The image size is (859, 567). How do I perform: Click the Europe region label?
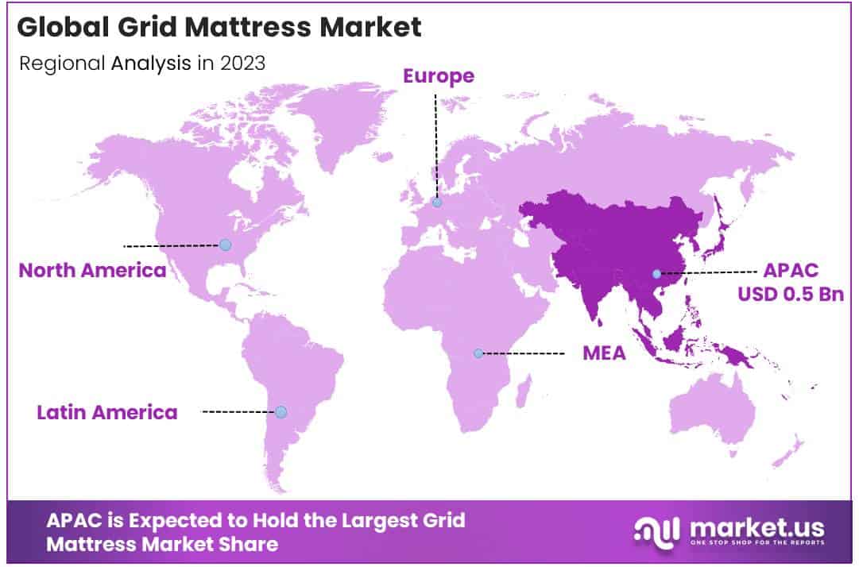[439, 76]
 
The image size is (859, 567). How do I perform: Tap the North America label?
[92, 271]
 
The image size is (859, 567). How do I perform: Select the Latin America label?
[107, 412]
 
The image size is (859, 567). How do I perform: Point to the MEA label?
[604, 353]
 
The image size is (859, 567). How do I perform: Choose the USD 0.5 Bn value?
[790, 294]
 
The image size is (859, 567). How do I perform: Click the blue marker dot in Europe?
[437, 202]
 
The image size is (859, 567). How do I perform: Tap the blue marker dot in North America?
[226, 245]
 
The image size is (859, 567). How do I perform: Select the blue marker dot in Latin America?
[281, 411]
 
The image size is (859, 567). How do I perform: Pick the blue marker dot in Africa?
[478, 353]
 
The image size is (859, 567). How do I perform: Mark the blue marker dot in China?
[656, 274]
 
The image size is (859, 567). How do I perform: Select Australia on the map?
[711, 409]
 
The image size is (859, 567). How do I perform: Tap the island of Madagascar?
[524, 391]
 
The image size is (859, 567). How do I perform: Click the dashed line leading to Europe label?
[435, 143]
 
